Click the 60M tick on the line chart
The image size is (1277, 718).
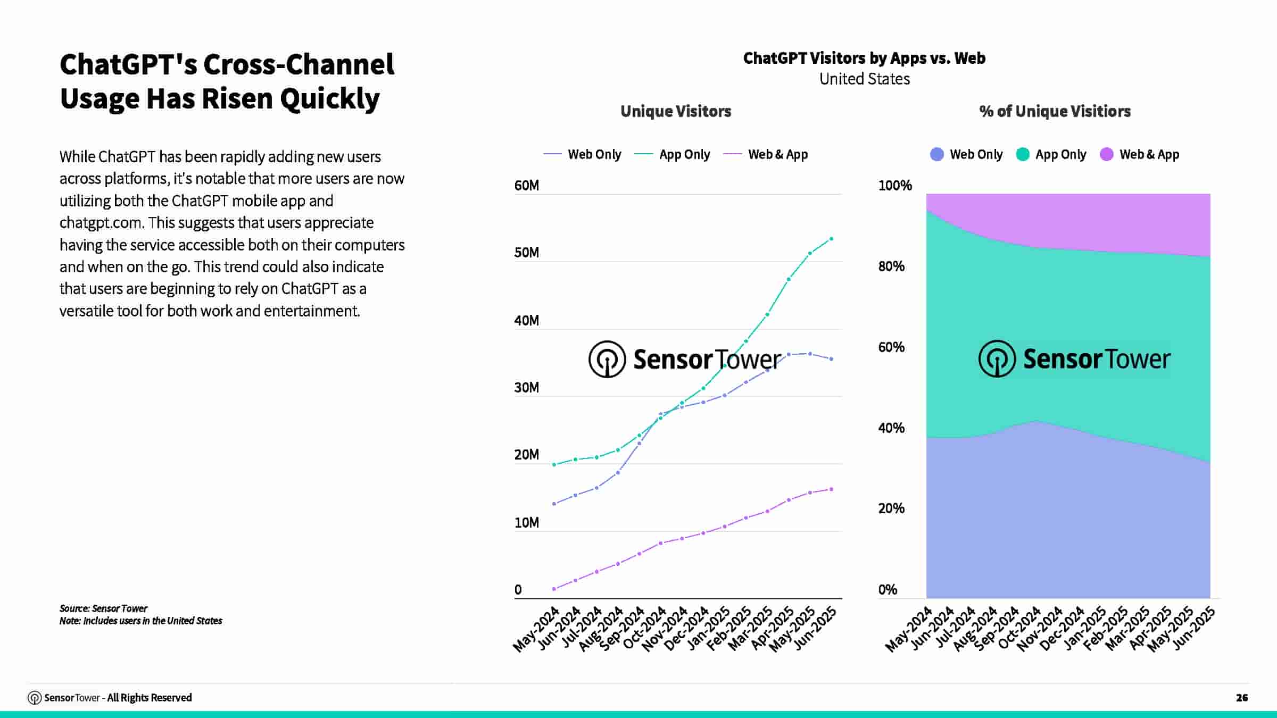pos(526,186)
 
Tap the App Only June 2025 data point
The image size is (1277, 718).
pos(831,239)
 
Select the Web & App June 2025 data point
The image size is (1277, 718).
pos(831,489)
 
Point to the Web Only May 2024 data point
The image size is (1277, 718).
pos(554,504)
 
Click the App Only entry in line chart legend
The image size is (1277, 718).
pos(684,155)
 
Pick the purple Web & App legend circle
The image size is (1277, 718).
pos(1106,155)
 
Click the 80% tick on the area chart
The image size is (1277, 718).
pos(891,266)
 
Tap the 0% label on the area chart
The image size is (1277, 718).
pos(888,590)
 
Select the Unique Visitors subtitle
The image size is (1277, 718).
pos(676,111)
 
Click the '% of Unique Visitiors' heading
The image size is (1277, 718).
pos(1055,111)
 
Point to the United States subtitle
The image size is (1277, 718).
pos(864,79)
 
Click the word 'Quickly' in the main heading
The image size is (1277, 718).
pos(330,99)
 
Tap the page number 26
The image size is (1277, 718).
pos(1241,698)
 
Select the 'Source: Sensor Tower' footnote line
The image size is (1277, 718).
pos(103,608)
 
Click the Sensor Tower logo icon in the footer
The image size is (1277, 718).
pos(35,698)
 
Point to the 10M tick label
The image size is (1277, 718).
pos(526,523)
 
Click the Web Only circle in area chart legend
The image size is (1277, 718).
pos(936,155)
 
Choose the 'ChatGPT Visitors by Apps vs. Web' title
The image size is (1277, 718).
pos(864,58)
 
